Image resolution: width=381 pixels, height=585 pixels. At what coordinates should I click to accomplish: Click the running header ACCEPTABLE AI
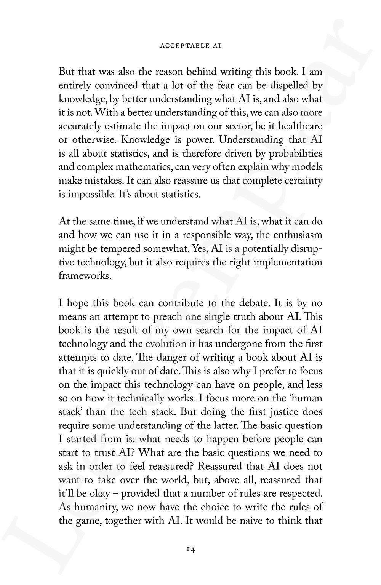point(190,46)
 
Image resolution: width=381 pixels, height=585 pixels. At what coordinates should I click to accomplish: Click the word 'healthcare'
point(300,126)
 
